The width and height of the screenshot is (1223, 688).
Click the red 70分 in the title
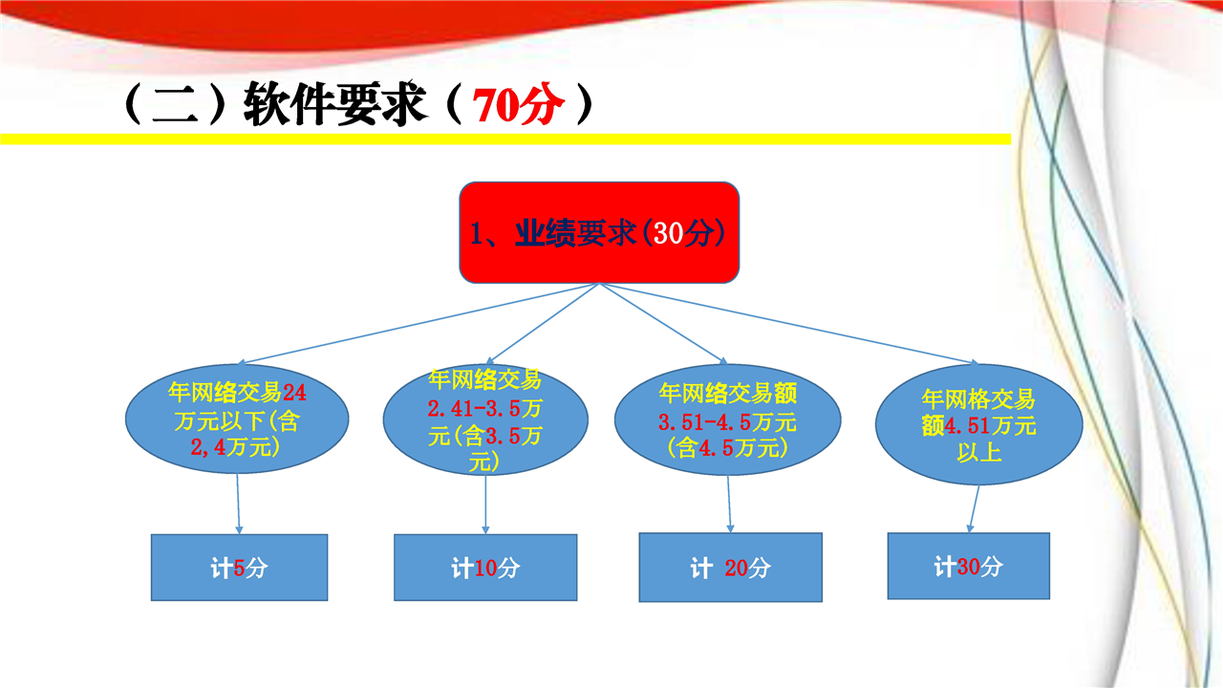point(518,104)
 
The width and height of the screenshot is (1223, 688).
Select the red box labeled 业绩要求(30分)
point(599,232)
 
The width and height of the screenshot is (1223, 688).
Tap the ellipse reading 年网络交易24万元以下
point(237,419)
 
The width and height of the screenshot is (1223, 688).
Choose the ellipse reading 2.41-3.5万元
point(485,419)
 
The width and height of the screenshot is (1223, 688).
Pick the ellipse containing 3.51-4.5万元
point(728,419)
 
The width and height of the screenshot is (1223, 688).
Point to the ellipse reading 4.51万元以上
point(979,424)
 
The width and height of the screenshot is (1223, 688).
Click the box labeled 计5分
point(239,568)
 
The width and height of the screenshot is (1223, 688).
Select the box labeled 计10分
point(485,568)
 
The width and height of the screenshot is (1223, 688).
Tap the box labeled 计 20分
point(731,568)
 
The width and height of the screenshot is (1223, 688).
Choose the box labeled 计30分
point(969,566)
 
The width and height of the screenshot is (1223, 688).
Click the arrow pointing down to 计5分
point(238,504)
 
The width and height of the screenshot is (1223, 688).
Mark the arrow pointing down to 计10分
point(485,505)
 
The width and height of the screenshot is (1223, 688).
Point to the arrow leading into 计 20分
point(729,504)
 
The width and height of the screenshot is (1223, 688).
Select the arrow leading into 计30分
point(974,509)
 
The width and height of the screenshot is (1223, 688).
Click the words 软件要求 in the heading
point(334,104)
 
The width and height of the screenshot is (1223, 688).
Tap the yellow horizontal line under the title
point(505,140)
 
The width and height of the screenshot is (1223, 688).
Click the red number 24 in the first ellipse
point(294,392)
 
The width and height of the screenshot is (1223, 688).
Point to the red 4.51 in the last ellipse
point(967,426)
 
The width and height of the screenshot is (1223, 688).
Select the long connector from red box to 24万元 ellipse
point(418,323)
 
